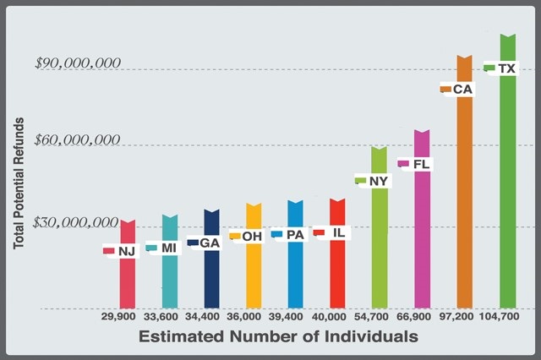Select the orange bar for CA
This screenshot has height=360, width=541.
(464, 203)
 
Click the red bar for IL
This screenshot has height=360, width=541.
(337, 270)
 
